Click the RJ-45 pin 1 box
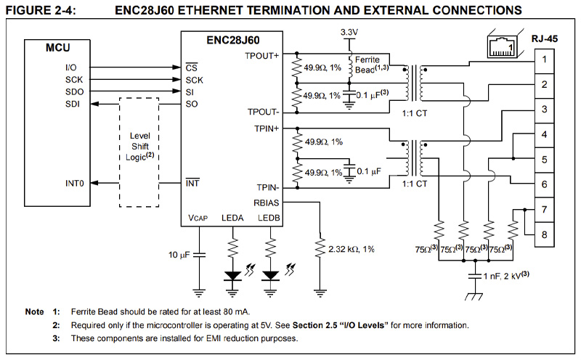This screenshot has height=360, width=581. [543, 59]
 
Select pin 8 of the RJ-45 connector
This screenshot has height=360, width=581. [543, 234]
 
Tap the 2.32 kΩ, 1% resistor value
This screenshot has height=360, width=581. [352, 249]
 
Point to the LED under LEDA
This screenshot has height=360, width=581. [234, 275]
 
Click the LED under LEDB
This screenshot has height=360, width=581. [270, 275]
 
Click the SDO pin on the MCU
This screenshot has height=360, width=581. [74, 91]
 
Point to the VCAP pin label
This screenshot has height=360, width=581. [199, 218]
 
